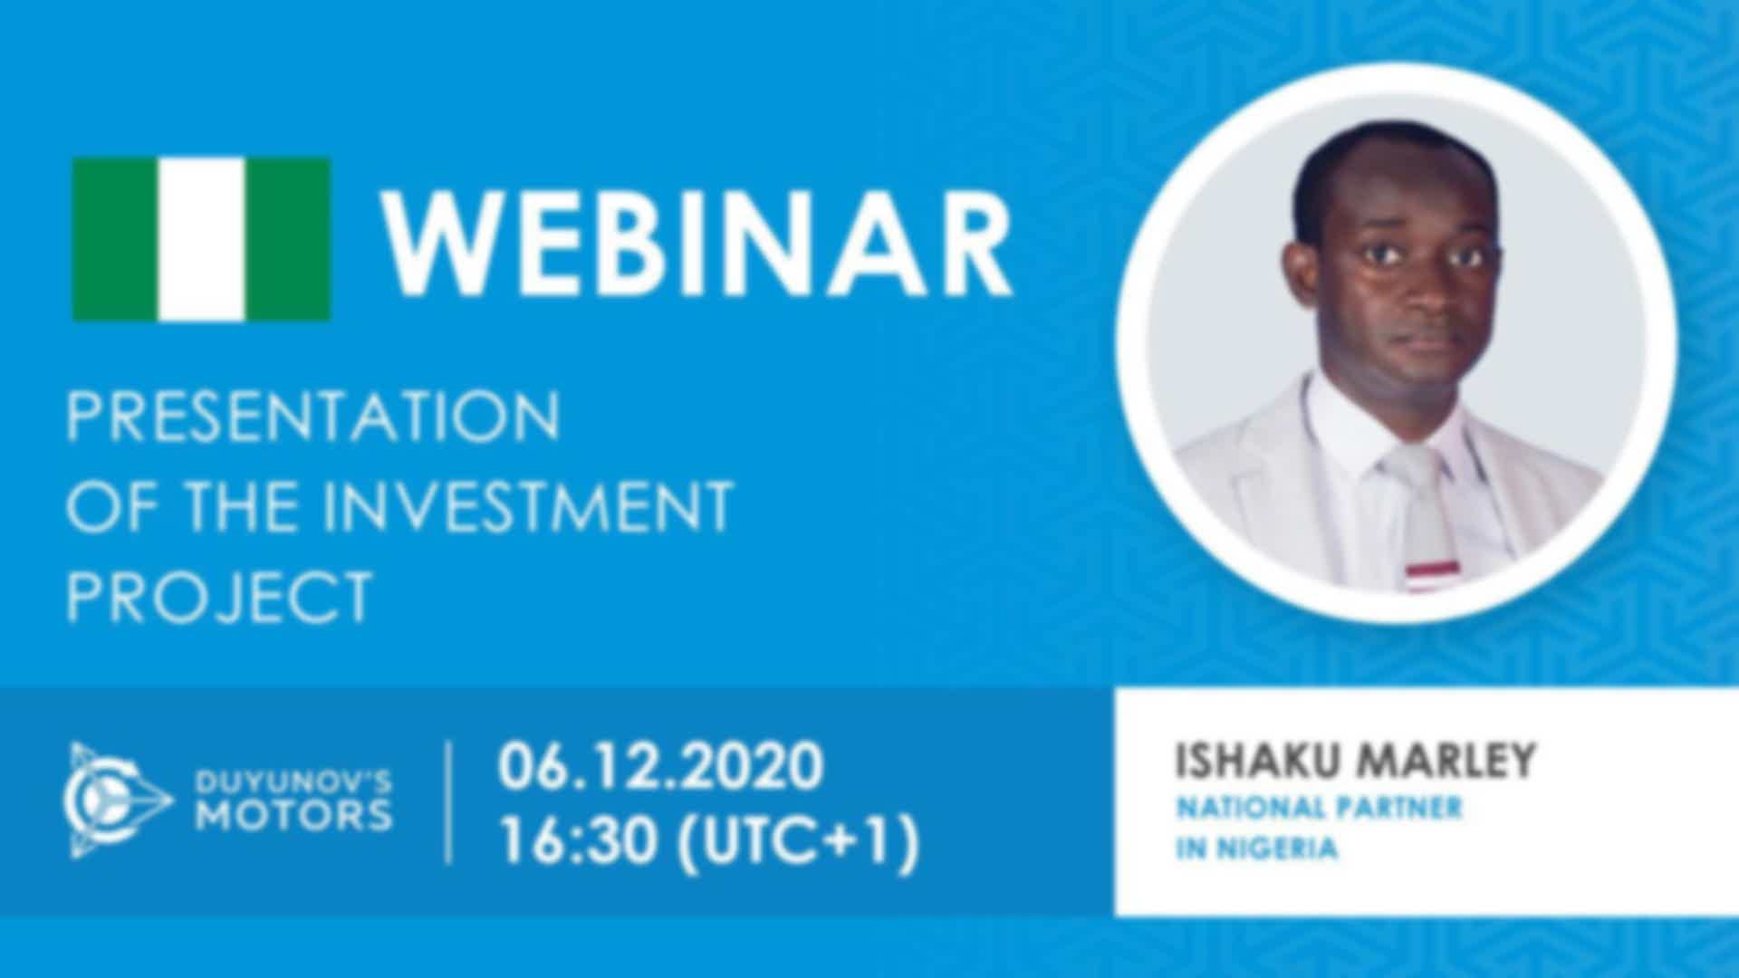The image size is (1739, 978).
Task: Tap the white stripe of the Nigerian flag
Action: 201,239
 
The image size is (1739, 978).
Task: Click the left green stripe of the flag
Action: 115,239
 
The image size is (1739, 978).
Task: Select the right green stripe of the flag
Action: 288,239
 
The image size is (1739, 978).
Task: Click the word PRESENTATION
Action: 313,416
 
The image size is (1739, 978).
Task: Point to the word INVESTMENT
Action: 528,505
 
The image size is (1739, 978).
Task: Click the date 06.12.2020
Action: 660,766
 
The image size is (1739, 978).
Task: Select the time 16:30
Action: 579,841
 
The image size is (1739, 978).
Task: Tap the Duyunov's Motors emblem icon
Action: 117,801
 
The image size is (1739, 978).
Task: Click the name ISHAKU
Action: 1254,760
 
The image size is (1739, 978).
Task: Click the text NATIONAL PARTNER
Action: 1319,807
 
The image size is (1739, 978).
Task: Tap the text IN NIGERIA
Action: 1256,849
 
